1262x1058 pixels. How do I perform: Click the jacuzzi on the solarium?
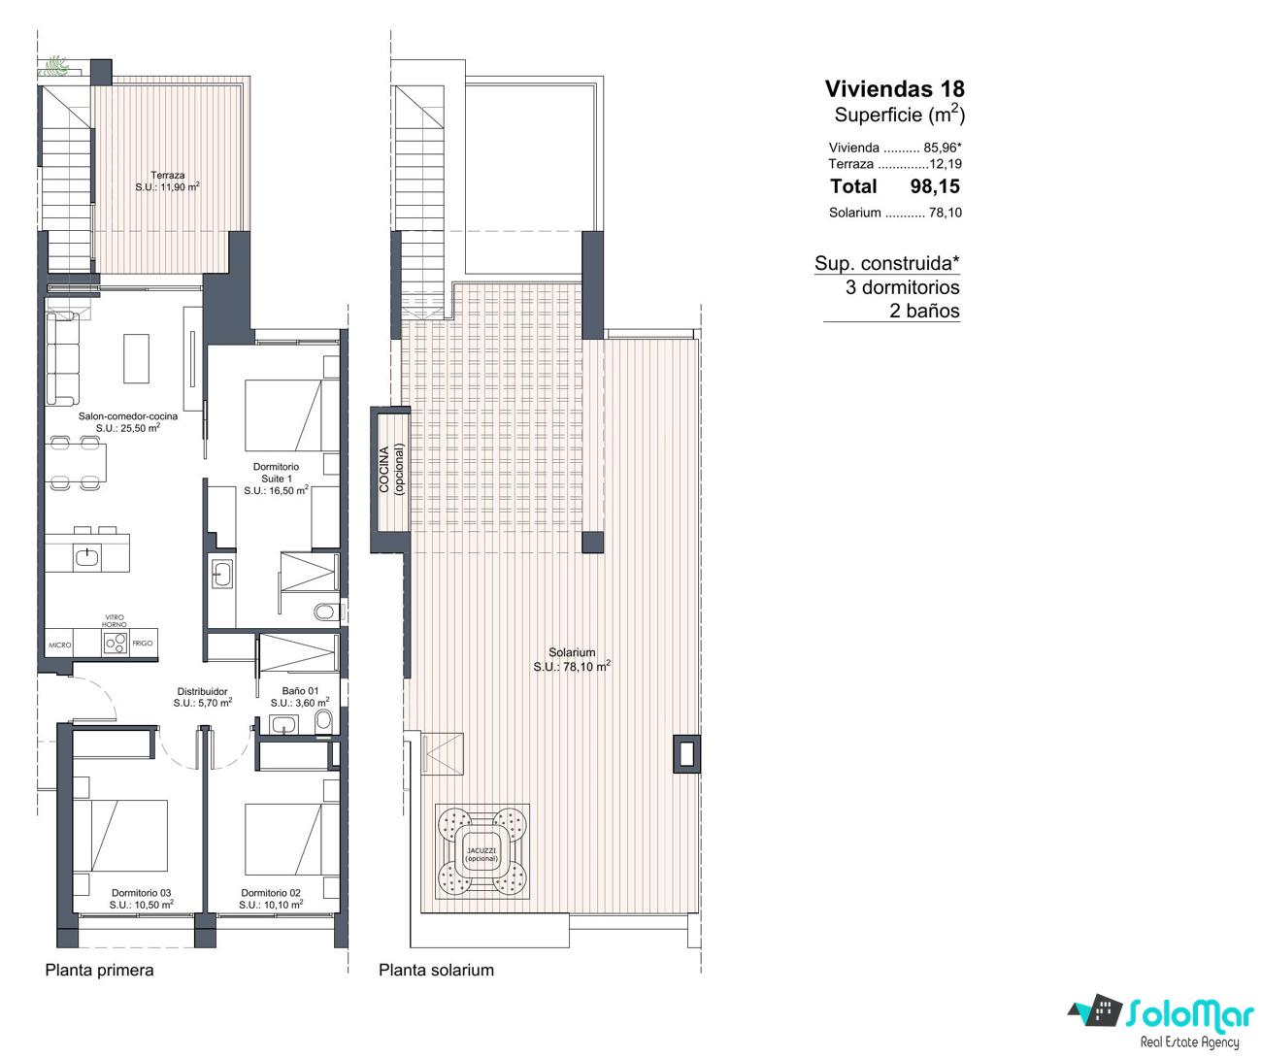(482, 853)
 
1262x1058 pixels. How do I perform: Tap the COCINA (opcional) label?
(391, 470)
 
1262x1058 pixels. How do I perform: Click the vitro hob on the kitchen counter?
(116, 643)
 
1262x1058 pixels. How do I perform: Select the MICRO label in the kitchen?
(60, 645)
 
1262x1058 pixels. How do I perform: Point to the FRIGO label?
(143, 643)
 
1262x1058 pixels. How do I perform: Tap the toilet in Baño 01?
(324, 719)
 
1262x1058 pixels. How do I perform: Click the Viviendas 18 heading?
(894, 89)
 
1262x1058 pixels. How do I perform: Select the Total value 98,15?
(935, 186)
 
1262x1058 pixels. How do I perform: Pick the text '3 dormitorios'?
(903, 287)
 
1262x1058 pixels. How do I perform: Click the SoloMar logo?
(1160, 1022)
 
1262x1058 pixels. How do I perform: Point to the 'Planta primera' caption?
(100, 970)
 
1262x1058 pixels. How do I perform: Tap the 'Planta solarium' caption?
(437, 970)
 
